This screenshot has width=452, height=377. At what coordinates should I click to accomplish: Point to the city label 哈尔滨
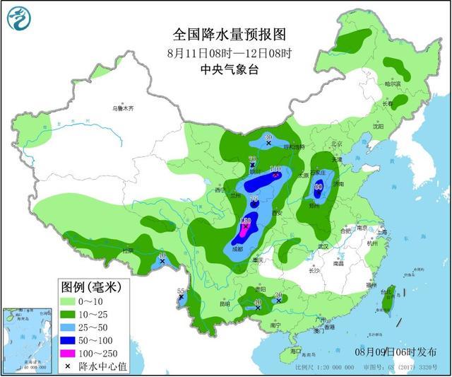[393, 83]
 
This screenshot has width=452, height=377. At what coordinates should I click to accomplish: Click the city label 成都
[235, 249]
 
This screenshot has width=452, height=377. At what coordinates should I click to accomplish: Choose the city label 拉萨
[127, 250]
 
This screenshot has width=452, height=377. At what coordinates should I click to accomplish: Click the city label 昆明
[225, 304]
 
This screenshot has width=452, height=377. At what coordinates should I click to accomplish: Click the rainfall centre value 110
[275, 169]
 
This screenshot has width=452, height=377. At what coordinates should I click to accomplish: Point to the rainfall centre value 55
[181, 291]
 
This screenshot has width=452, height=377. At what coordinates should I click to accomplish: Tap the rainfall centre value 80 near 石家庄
[319, 185]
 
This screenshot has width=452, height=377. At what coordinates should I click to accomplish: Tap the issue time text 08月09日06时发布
[395, 352]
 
